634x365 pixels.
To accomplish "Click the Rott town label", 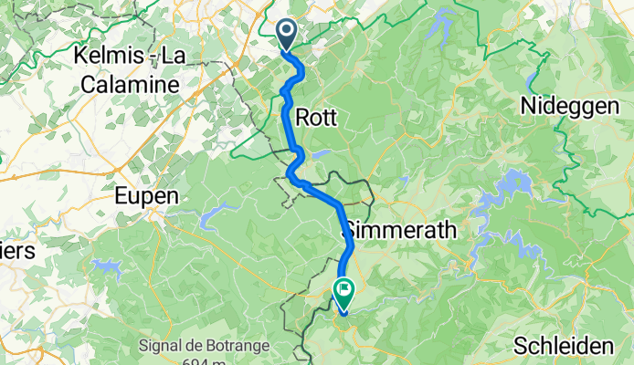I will [x=317, y=118].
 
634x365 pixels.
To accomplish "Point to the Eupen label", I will [x=145, y=195].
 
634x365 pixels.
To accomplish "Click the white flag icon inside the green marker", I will [x=345, y=293].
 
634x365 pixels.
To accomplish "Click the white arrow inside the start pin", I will [x=286, y=34].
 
